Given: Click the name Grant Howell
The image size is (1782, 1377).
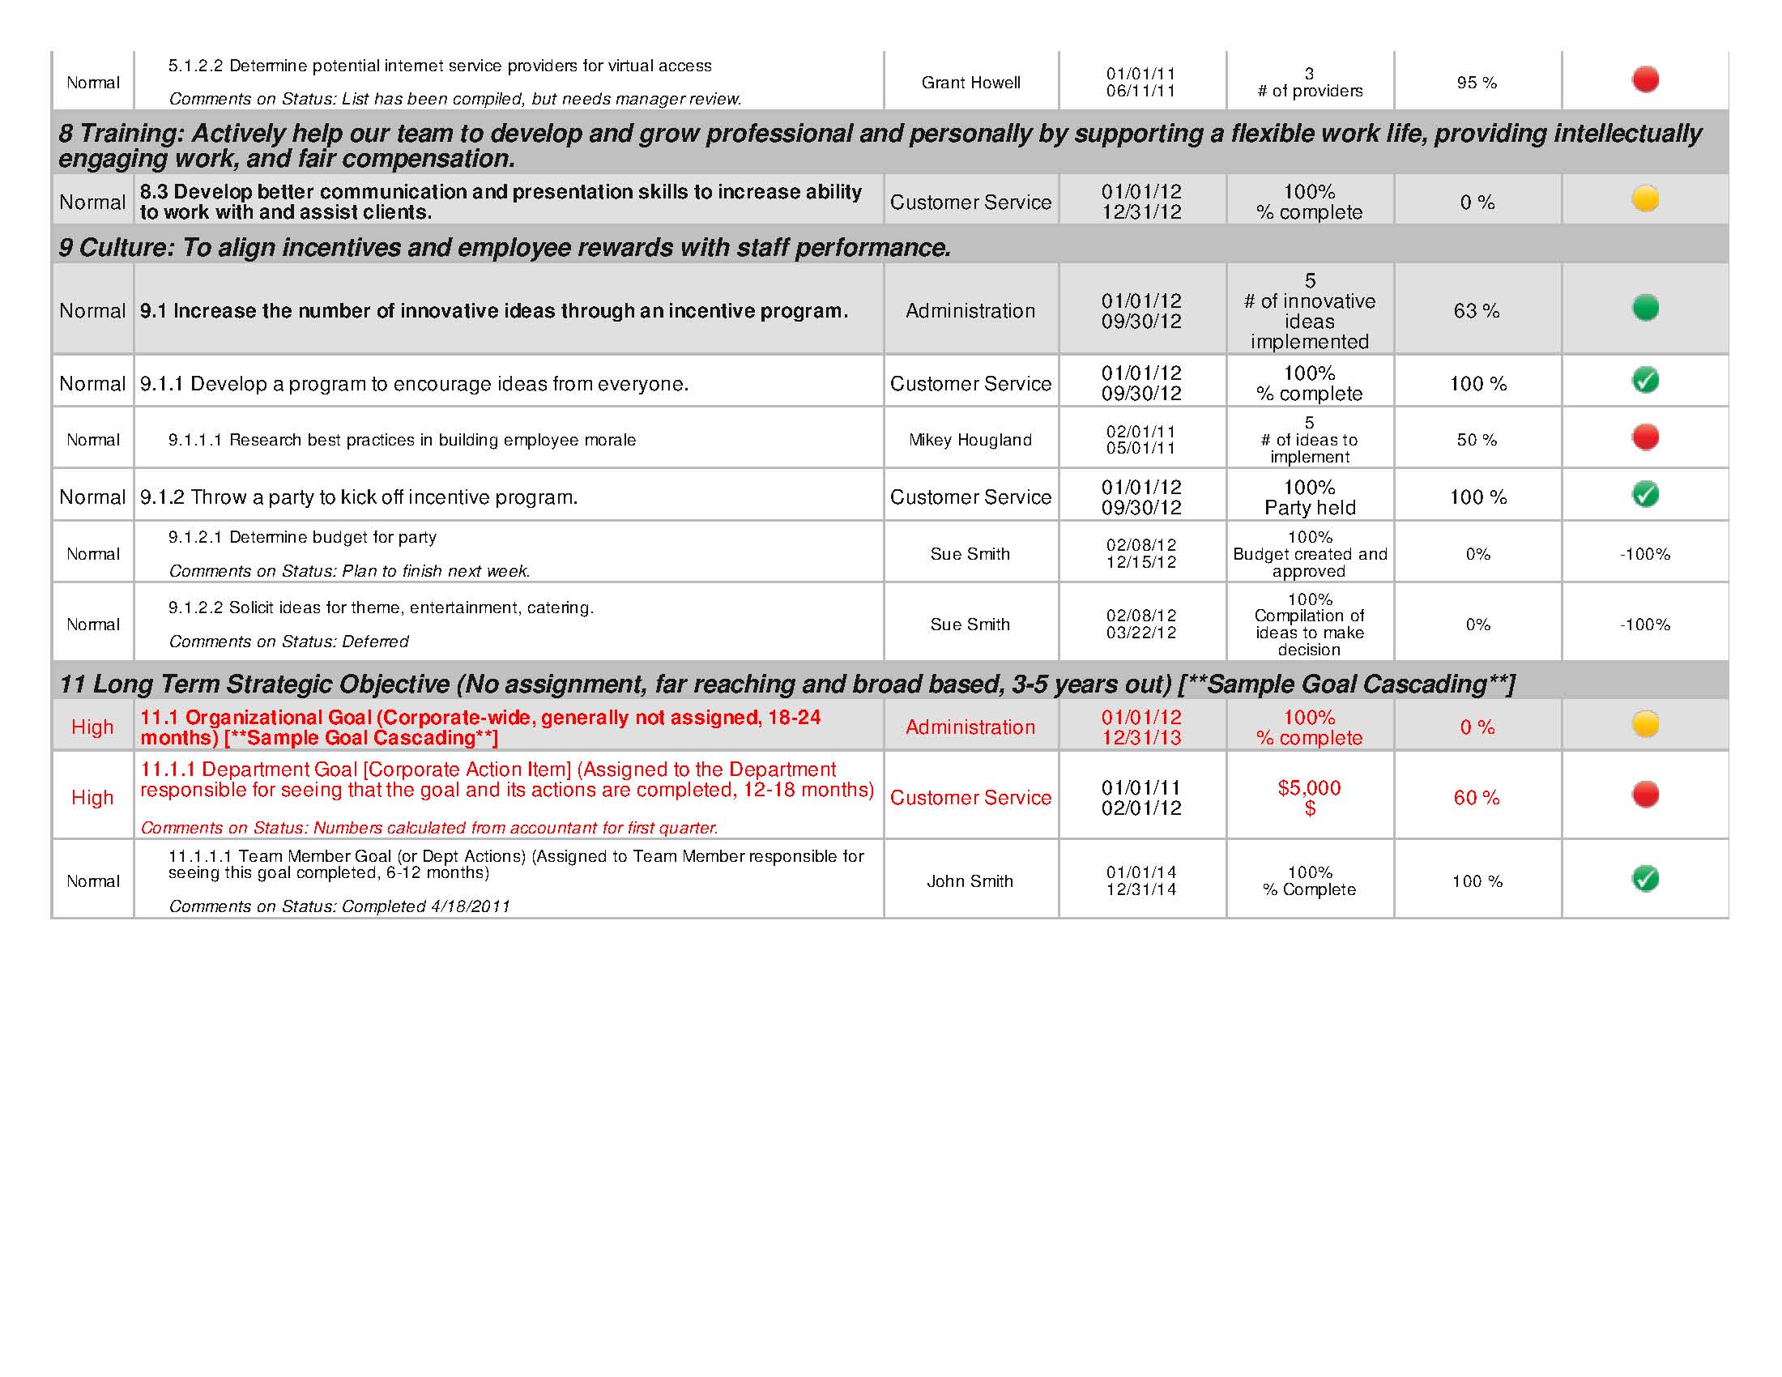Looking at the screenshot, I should [x=970, y=83].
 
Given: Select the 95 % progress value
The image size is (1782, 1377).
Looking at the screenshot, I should [x=1477, y=83].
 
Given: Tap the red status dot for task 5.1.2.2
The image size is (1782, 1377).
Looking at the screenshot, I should [x=1645, y=79].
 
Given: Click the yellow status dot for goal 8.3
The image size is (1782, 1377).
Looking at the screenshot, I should [x=1645, y=198].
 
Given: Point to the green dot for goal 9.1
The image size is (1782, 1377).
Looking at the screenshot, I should [x=1645, y=308].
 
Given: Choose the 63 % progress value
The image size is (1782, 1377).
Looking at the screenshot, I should [x=1477, y=311].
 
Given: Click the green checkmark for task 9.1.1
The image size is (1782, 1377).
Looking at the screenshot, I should [x=1645, y=380].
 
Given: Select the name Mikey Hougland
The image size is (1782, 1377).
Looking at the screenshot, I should [x=970, y=440].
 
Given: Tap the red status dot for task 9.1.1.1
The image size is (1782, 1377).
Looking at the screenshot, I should [x=1645, y=437].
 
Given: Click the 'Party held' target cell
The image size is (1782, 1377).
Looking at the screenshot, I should [x=1310, y=497].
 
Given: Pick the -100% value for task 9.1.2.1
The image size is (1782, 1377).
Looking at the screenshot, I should [x=1645, y=554].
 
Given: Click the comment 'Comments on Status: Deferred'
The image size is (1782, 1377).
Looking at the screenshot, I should [x=288, y=642].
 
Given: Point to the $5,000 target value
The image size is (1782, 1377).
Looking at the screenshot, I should [x=1310, y=788].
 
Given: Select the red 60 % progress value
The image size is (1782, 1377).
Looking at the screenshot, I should [x=1477, y=798].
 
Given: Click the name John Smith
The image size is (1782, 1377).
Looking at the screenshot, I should [x=970, y=881].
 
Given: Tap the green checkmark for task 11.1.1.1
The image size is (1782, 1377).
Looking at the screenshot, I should [x=1645, y=879].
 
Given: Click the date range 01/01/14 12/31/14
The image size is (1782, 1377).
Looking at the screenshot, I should [x=1141, y=881].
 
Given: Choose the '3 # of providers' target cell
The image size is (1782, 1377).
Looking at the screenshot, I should [x=1310, y=83].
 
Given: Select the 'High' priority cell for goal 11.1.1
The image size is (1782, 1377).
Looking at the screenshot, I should [x=92, y=798].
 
